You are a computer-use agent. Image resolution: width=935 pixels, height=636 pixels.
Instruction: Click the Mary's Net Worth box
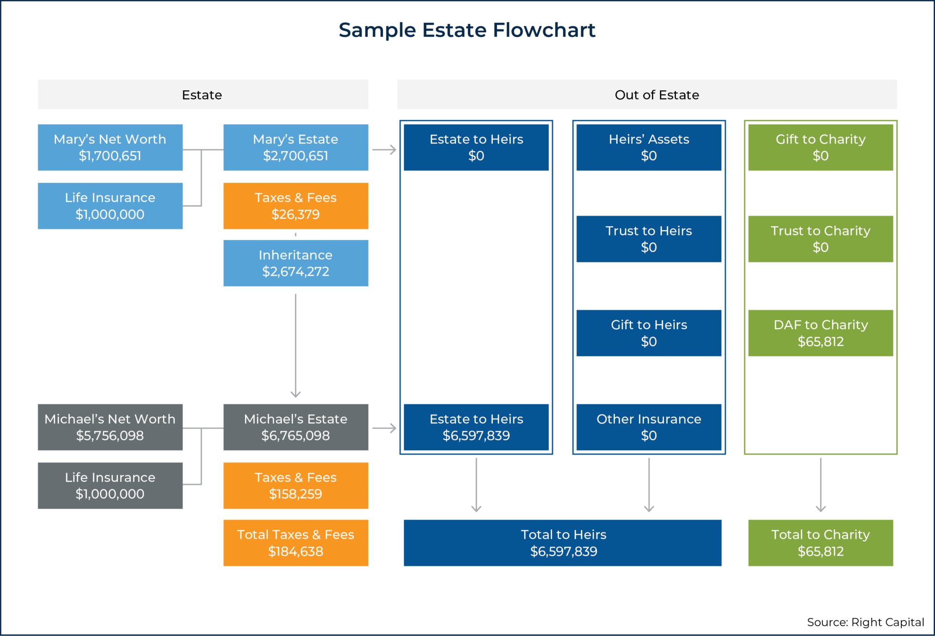click(x=110, y=147)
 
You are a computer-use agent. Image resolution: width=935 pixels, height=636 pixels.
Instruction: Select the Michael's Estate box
click(x=295, y=427)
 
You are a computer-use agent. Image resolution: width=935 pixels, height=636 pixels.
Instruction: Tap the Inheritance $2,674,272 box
click(x=295, y=263)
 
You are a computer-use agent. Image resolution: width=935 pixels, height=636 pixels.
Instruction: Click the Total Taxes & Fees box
click(x=295, y=542)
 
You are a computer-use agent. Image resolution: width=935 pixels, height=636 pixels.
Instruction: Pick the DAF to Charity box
click(x=820, y=333)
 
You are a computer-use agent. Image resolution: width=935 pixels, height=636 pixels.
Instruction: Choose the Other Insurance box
click(x=648, y=427)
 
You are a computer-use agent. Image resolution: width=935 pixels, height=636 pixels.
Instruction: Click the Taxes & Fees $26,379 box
click(x=295, y=206)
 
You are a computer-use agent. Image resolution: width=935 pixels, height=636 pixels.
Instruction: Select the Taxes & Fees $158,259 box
click(x=295, y=485)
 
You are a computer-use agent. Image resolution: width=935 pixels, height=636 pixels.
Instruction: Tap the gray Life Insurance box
click(x=110, y=485)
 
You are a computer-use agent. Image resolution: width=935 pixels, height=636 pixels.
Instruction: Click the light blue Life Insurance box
click(x=110, y=206)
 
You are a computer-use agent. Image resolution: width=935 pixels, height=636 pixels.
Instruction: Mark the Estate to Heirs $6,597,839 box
click(x=476, y=427)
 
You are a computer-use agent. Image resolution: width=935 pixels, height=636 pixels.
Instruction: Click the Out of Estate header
click(x=656, y=95)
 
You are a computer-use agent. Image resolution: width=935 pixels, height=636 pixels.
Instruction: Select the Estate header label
click(x=202, y=95)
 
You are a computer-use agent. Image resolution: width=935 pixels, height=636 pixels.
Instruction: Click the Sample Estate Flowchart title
click(x=467, y=30)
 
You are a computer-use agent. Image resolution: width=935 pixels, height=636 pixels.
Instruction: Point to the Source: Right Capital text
click(x=865, y=622)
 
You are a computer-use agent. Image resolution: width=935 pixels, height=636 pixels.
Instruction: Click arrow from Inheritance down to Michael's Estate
click(x=295, y=346)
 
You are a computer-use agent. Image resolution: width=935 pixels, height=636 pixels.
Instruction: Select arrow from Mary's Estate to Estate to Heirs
click(x=384, y=150)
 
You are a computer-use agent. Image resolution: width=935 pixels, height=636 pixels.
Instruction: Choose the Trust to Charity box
click(x=820, y=238)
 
